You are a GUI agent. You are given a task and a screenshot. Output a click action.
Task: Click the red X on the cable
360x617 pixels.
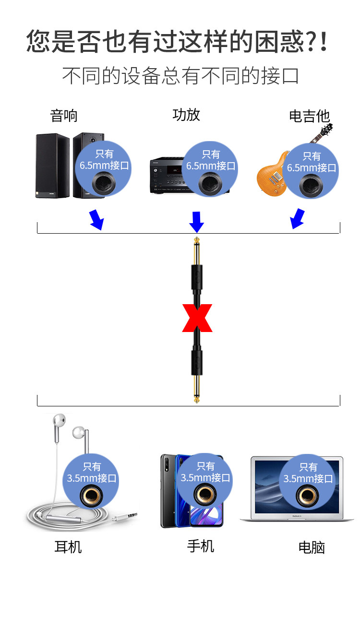pos(197,318)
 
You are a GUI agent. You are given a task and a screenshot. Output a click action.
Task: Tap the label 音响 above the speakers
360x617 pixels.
pos(64,116)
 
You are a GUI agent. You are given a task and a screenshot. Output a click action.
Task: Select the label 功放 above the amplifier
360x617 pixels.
pos(186,115)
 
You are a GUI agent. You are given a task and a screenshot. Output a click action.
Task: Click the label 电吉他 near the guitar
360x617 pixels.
pos(309,117)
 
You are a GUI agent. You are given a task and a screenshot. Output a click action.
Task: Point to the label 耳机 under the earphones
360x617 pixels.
pos(68,546)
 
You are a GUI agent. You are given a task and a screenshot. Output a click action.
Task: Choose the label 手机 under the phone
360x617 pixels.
pos(201,546)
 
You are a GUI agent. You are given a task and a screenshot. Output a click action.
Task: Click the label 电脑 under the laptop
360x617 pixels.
pos(312,547)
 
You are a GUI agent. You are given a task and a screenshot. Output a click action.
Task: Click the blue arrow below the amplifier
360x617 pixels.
pos(197,222)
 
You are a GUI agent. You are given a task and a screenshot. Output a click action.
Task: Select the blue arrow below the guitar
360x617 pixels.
pos(298,219)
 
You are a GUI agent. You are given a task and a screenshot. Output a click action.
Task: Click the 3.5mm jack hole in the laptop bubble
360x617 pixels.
pos(306,496)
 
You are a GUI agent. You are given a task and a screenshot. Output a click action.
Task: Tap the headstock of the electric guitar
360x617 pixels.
pos(326,131)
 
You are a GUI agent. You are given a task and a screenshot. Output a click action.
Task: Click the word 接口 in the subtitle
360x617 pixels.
pos(280,76)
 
